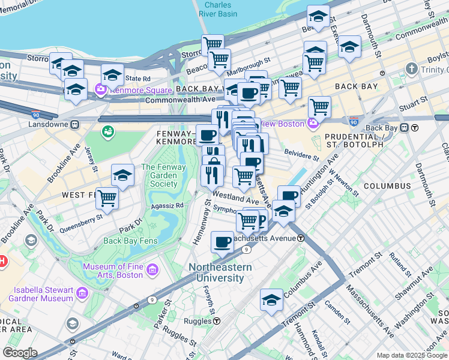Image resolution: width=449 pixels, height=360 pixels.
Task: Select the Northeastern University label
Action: (217, 273)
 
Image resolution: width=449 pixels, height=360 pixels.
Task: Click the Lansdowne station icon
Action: (74, 125)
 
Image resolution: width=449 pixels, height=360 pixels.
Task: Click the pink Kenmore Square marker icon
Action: (100, 91)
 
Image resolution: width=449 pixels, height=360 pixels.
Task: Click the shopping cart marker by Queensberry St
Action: (107, 197)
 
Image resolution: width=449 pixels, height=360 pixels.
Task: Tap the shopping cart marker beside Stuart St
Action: (319, 107)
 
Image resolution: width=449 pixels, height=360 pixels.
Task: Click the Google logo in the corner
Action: (20, 353)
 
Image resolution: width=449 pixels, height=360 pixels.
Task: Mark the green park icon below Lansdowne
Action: (108, 131)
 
